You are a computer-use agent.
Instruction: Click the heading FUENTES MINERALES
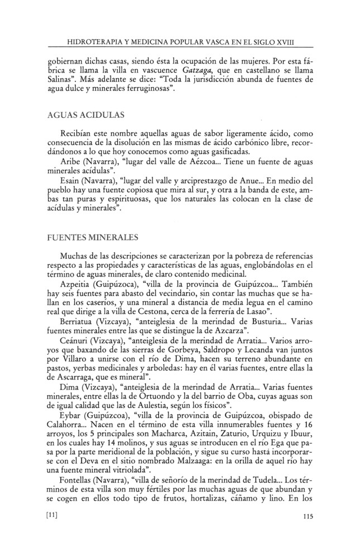click(x=94, y=237)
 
